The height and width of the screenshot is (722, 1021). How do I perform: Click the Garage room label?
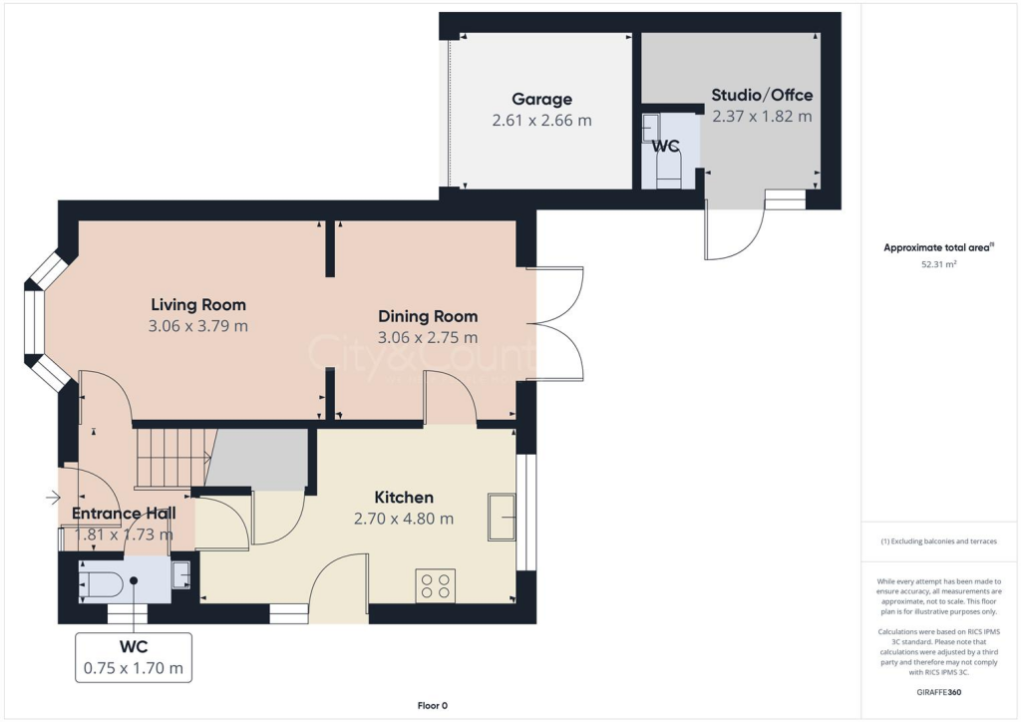541,99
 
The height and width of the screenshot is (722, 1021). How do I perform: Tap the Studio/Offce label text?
762,96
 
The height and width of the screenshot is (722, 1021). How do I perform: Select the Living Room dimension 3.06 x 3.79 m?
198,325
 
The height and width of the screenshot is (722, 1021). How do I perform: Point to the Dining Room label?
428,316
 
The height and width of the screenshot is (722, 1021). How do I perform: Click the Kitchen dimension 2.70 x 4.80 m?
404,519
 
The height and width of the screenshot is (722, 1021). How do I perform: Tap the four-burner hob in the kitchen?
435,585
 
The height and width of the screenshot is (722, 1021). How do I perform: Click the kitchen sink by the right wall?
502,517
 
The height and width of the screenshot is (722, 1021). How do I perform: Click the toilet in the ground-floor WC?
103,582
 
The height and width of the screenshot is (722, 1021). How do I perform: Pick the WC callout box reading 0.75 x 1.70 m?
134,657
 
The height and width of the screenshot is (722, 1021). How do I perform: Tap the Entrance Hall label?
124,514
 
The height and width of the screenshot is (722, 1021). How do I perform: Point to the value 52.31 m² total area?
937,265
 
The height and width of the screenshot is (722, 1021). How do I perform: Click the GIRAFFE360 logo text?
938,691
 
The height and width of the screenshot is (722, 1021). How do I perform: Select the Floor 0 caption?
432,706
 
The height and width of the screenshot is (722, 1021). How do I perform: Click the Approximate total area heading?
936,247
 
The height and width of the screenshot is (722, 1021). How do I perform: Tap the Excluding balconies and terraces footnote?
938,541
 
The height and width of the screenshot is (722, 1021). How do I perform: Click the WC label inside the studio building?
665,146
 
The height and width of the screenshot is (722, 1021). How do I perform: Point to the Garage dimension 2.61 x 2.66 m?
541,120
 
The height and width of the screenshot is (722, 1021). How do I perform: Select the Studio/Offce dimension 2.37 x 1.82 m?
762,116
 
